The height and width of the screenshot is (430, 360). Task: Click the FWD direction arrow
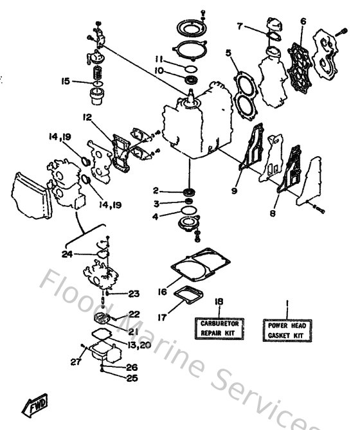click(33, 404)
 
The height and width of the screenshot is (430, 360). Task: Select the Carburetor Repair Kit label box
click(217, 328)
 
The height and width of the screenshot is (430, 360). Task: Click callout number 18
click(218, 301)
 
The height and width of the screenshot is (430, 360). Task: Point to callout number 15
click(65, 81)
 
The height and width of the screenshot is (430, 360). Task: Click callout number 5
click(228, 53)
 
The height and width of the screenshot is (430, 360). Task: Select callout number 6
click(303, 21)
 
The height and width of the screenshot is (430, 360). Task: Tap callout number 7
click(239, 26)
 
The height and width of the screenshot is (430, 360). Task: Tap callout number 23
click(133, 294)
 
